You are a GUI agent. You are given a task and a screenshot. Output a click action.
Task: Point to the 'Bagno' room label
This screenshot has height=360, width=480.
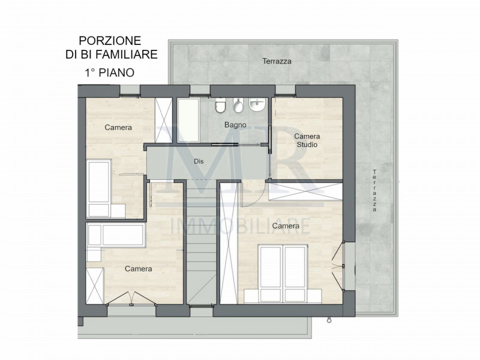point(234,125)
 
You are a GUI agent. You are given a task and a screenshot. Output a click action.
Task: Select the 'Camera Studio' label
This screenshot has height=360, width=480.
point(306,140)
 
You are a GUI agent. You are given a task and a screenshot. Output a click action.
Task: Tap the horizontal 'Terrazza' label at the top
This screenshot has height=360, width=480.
point(277,61)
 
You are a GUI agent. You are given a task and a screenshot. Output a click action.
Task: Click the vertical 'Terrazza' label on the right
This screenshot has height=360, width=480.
point(374,191)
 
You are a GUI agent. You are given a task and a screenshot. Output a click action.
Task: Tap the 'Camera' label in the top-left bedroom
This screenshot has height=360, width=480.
point(118,128)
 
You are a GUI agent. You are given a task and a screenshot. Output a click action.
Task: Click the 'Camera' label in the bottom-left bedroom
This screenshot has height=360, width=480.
point(138,269)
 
